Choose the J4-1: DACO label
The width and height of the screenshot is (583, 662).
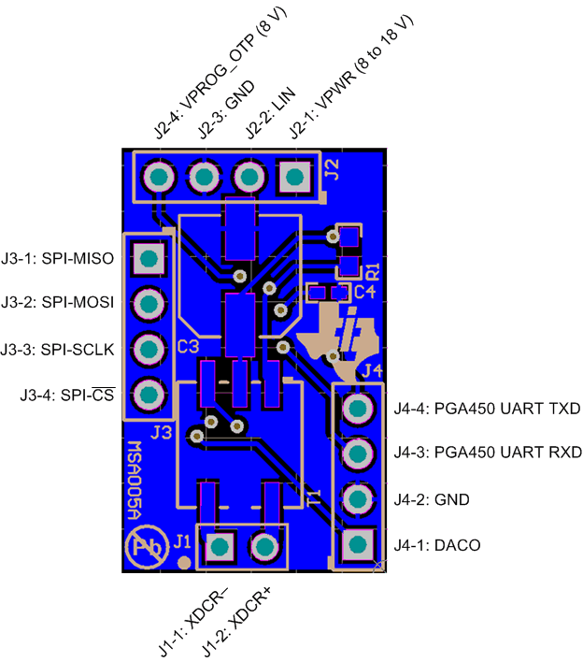click(437, 545)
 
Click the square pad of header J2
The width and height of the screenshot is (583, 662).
click(294, 176)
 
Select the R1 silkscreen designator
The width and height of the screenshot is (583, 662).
click(372, 272)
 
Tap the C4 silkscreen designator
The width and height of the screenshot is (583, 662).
click(364, 293)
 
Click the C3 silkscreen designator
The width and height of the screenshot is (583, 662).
click(187, 347)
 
